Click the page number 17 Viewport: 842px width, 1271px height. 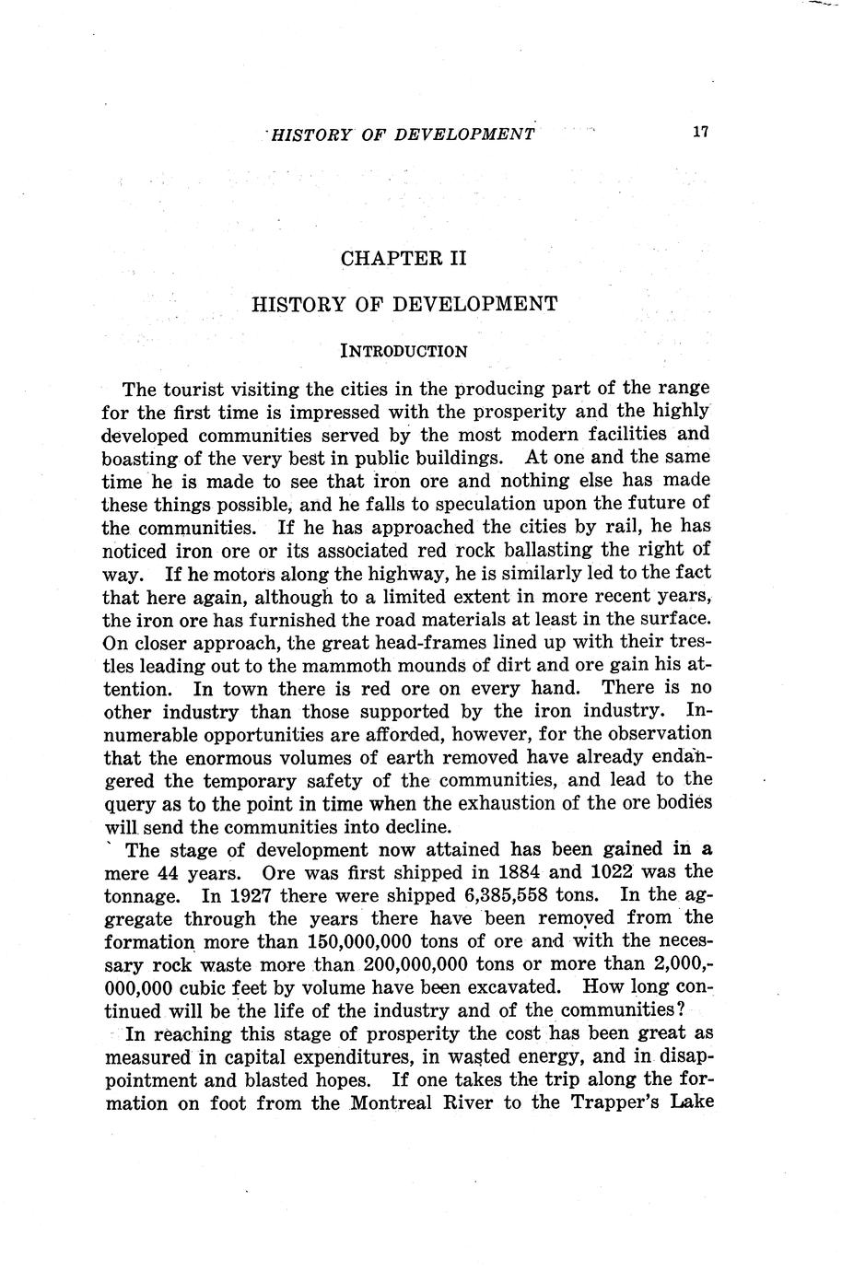click(700, 133)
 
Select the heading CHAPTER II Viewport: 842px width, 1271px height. click(404, 259)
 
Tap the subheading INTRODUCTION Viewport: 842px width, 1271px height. click(404, 351)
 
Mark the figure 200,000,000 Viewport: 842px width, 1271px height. click(418, 964)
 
